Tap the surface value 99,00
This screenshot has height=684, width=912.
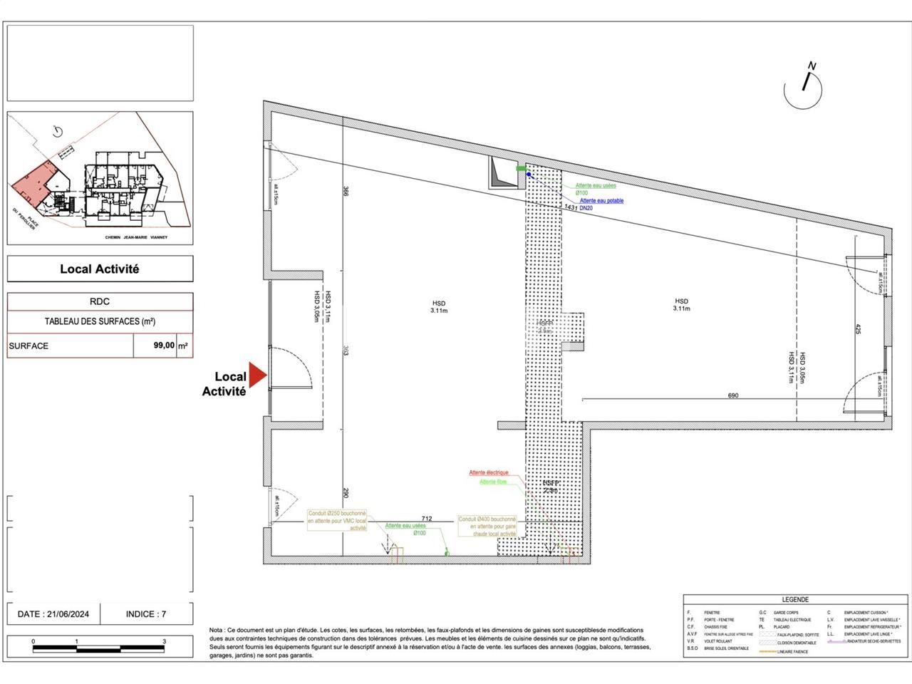(164, 346)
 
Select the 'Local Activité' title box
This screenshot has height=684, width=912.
(100, 269)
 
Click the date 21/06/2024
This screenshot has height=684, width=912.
(54, 613)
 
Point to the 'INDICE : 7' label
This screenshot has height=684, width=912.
(146, 613)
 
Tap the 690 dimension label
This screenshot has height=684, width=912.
(732, 395)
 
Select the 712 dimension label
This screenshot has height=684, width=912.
(427, 519)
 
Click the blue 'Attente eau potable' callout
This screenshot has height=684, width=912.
(601, 201)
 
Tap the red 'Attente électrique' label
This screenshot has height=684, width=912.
(488, 472)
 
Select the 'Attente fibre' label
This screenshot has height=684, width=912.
(492, 482)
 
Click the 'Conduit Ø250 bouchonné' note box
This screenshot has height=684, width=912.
(338, 520)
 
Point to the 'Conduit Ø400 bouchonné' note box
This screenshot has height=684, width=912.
(488, 527)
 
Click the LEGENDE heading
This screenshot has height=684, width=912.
(794, 600)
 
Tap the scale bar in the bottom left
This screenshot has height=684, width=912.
(99, 648)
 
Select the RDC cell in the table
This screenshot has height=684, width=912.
(100, 302)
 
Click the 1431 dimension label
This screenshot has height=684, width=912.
(571, 207)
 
